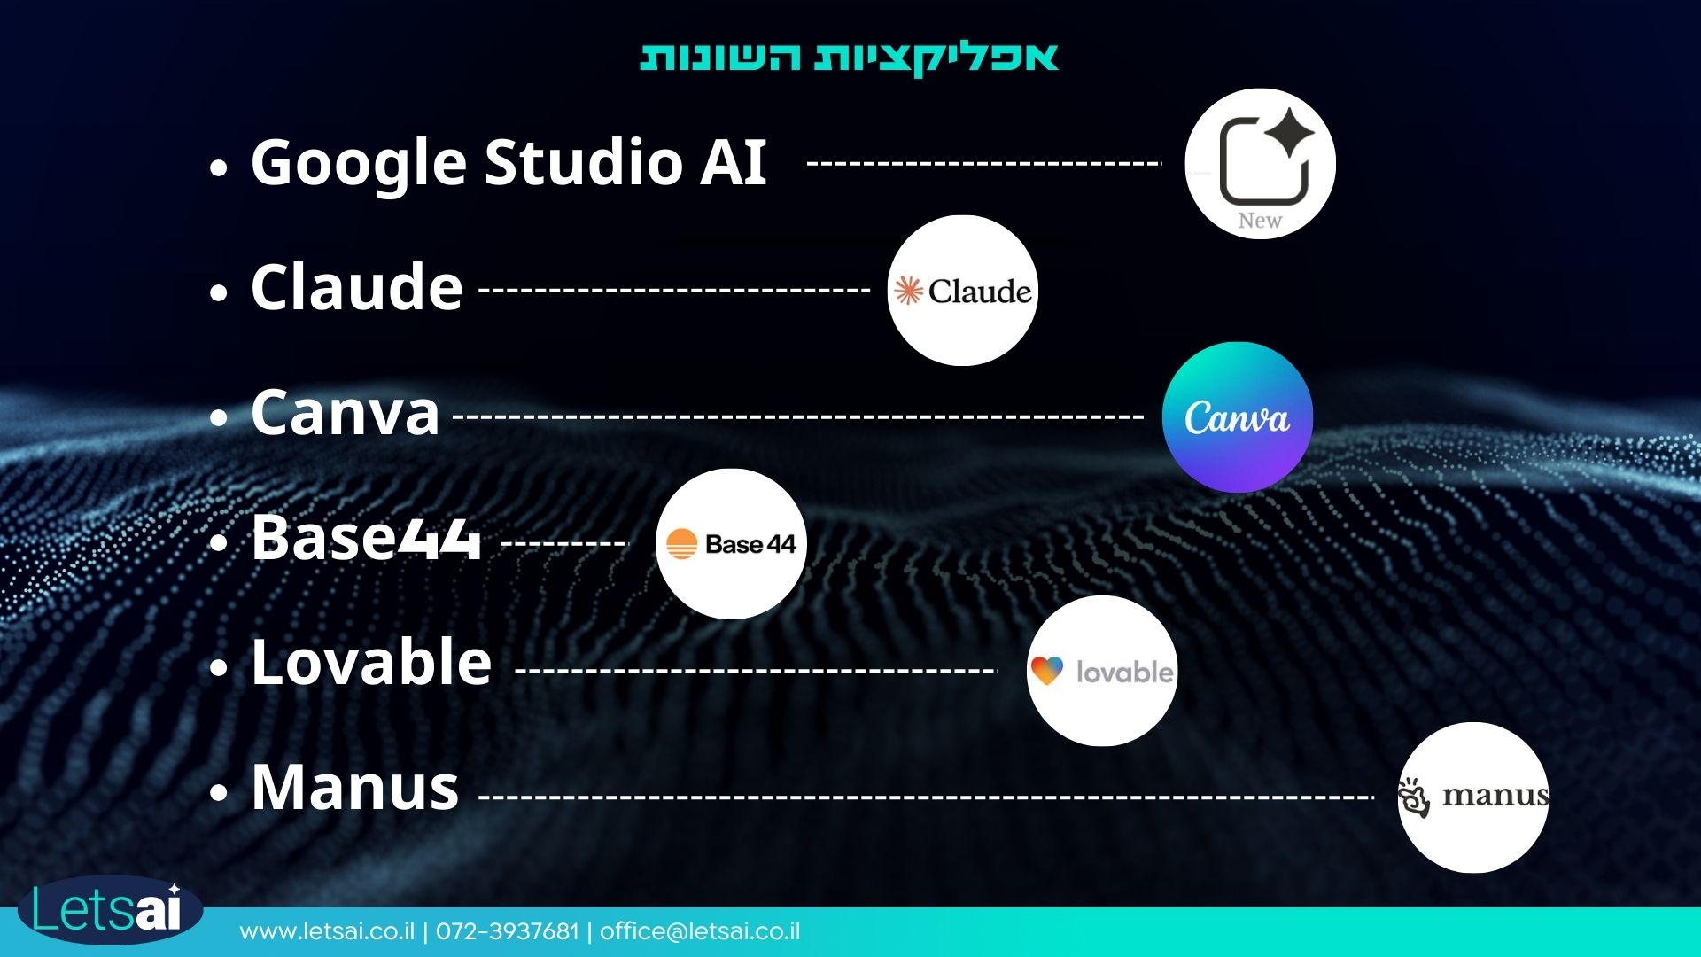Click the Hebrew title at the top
pos(850,58)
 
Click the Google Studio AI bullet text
pos(509,163)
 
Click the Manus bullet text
pos(355,786)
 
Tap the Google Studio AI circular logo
pos(1260,164)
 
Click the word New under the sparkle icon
pos(1260,221)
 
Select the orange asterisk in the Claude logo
pos(908,291)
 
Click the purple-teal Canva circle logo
pos(1238,417)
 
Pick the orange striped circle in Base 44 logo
pos(681,544)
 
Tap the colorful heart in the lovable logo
pos(1046,671)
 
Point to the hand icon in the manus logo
pos(1414,797)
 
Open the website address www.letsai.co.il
pos(327,931)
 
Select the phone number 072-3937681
pos(507,931)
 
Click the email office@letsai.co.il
pos(700,931)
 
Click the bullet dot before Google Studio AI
pos(219,167)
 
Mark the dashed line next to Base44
pos(564,543)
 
